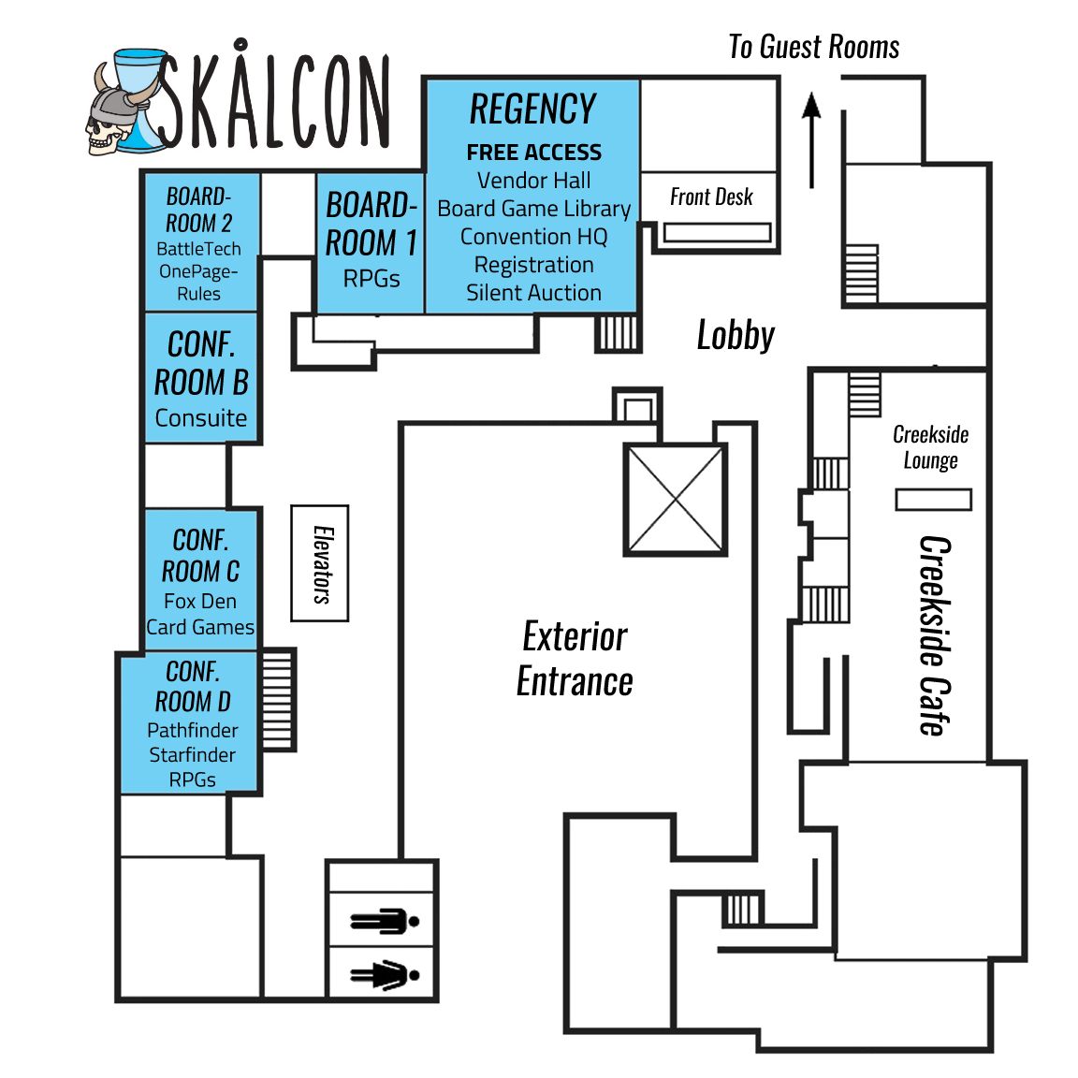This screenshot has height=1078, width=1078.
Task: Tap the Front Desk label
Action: pos(711,197)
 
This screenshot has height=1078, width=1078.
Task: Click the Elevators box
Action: pos(320,563)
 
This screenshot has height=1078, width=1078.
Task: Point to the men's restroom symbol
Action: pos(384,922)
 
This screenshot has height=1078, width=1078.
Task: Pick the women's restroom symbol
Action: pos(384,976)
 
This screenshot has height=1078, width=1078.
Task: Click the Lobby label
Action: pos(736,335)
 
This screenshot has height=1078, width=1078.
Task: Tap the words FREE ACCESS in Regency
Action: pos(533,153)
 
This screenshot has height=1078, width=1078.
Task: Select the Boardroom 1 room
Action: pos(371,241)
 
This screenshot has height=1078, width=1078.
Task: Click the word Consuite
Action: pos(201,418)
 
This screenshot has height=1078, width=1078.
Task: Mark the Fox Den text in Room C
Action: pos(200,601)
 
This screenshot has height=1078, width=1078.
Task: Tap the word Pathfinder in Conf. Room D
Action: pos(193,730)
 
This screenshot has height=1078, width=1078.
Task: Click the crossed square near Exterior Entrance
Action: pos(676,500)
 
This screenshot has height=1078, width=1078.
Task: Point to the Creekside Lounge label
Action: pos(930,447)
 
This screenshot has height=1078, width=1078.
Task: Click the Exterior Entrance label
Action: pos(575,659)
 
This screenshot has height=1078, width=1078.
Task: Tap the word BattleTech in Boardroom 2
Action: pos(198,249)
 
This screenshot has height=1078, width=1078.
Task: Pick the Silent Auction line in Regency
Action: pos(533,293)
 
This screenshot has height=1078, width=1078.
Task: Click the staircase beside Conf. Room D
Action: pos(277,700)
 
